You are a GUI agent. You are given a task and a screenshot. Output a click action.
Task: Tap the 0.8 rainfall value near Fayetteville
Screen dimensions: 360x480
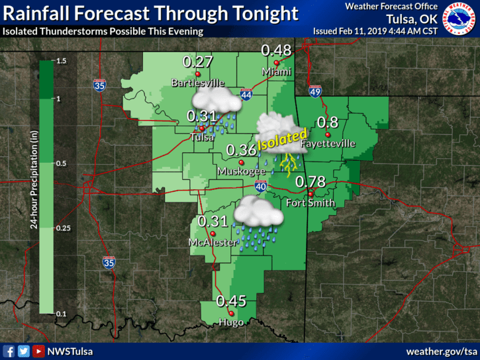(328, 122)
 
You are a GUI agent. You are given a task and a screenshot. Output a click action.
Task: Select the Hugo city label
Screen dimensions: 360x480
(231, 322)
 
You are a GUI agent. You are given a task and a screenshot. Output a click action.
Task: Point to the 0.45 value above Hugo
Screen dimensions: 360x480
(231, 302)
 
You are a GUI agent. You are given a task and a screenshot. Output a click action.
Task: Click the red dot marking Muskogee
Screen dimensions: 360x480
(242, 162)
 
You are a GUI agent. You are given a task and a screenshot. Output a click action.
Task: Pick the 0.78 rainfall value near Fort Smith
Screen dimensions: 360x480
(309, 181)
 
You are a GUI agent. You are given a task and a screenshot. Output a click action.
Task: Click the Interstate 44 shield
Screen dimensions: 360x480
(246, 95)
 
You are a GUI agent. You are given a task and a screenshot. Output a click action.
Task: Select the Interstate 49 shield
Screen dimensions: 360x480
(316, 91)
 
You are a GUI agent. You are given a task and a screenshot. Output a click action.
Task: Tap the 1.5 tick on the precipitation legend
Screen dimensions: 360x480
(62, 61)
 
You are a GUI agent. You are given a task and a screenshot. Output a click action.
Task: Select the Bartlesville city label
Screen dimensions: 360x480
(197, 83)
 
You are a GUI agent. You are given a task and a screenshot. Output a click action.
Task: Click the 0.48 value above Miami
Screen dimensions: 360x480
(276, 50)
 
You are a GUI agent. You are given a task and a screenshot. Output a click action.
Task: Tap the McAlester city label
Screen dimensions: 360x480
(211, 243)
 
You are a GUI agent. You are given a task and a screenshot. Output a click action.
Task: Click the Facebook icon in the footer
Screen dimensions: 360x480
(9, 351)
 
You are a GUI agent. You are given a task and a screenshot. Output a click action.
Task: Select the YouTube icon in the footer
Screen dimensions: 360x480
(38, 351)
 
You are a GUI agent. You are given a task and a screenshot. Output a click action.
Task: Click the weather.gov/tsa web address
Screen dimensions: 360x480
(442, 351)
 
